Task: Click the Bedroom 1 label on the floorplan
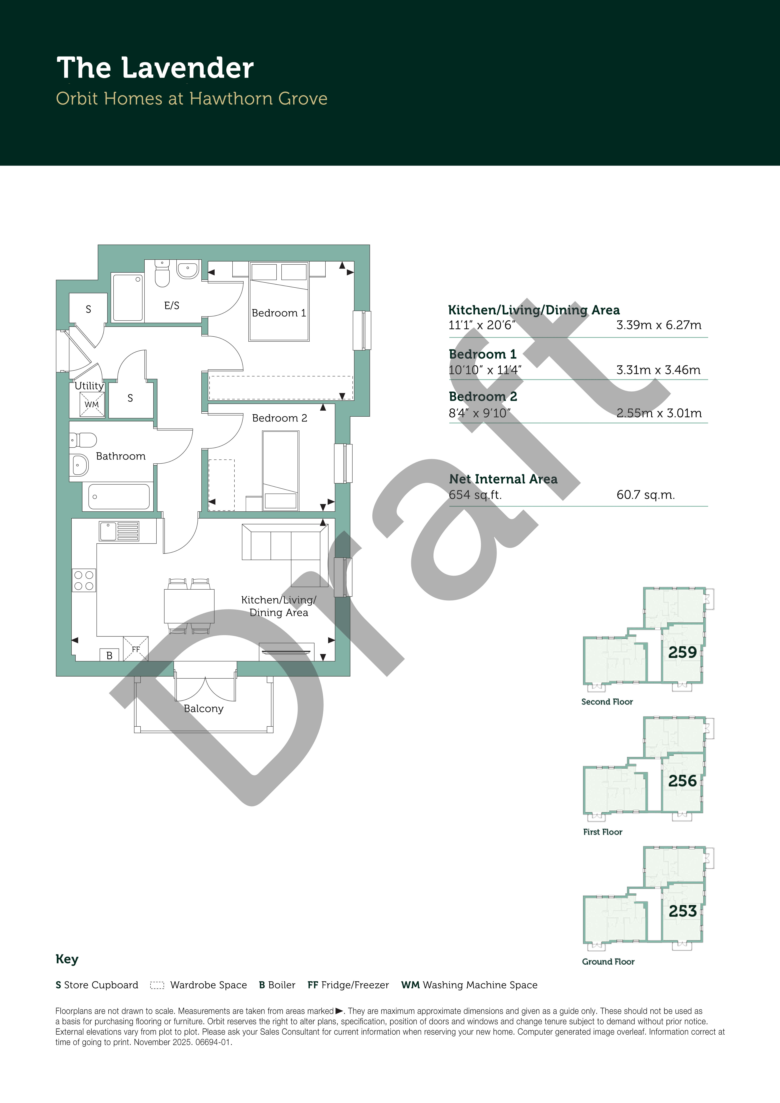coord(279,313)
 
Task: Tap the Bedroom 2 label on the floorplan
coord(280,418)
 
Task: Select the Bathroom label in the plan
coord(121,456)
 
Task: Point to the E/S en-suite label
coord(172,305)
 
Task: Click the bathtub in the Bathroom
coord(119,497)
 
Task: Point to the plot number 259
coord(682,652)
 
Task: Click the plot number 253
coord(682,911)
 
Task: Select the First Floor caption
coord(603,832)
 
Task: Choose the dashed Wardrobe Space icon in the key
coord(157,985)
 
